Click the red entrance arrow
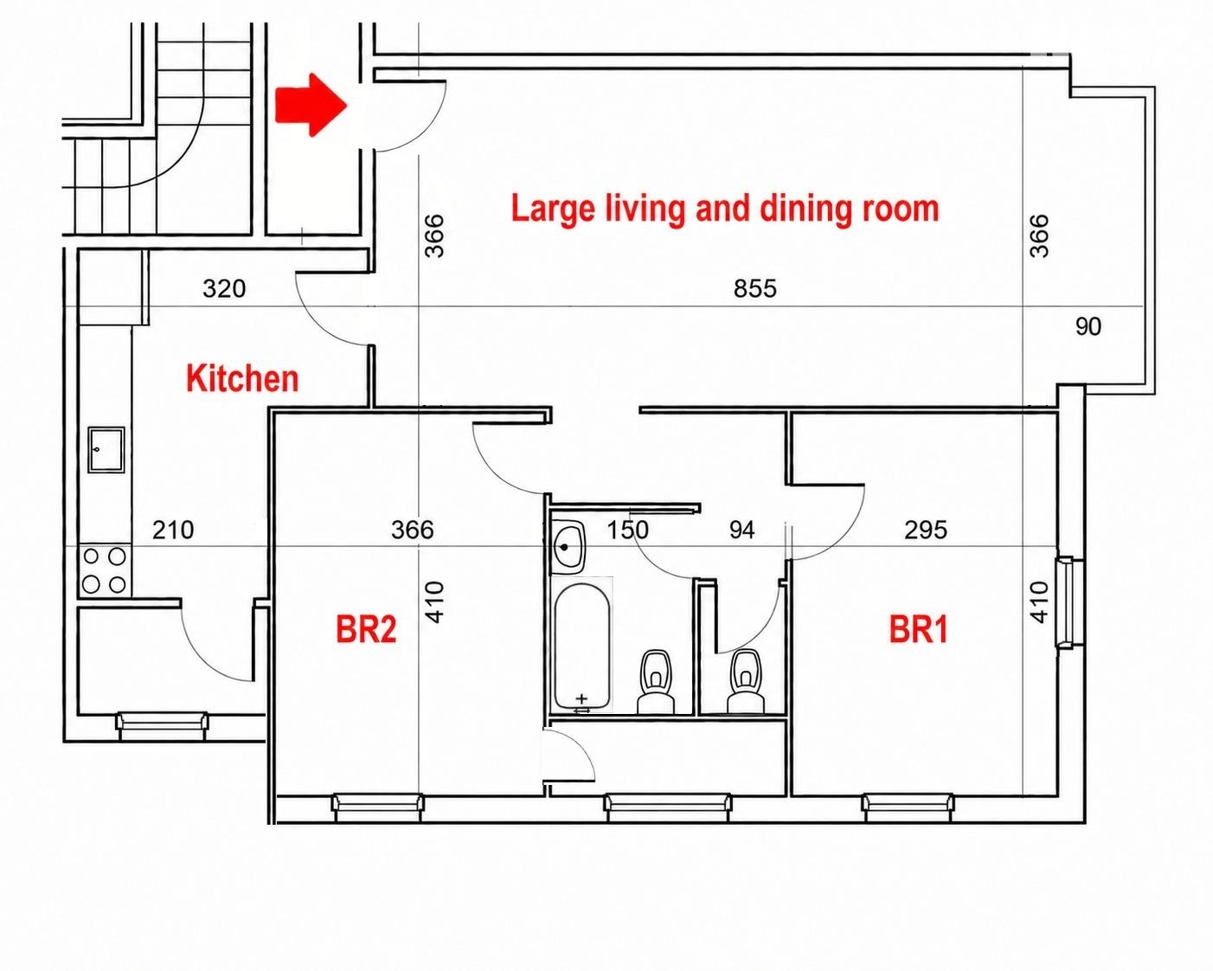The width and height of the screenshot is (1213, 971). (x=310, y=105)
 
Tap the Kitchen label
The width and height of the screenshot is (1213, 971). (x=242, y=378)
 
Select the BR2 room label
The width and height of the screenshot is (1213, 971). (x=366, y=629)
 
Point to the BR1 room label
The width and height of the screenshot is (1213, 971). (x=919, y=629)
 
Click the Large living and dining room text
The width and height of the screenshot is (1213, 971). (x=725, y=209)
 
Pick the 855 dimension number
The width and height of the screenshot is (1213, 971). (x=754, y=289)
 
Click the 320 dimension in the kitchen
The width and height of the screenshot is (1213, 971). (x=224, y=289)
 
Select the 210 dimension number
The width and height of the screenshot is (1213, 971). (x=173, y=530)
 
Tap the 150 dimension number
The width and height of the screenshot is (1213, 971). (x=627, y=530)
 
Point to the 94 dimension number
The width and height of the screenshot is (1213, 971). (x=741, y=530)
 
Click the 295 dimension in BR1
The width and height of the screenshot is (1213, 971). (x=926, y=530)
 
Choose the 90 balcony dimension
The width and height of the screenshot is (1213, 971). (x=1088, y=327)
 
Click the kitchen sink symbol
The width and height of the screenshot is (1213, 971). (x=106, y=449)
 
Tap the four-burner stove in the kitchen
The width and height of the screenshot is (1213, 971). (x=105, y=570)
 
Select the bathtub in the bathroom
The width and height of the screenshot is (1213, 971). (x=582, y=646)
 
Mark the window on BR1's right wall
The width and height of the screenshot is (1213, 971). (x=1064, y=602)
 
